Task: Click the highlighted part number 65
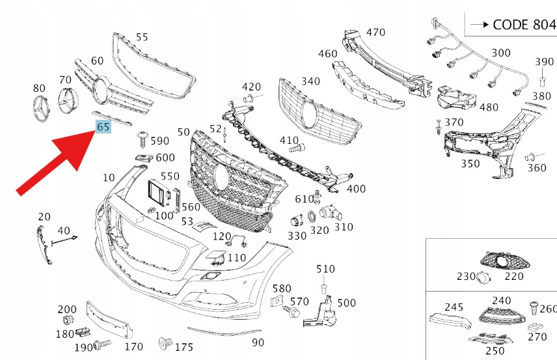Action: (x=103, y=128)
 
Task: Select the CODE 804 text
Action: (x=524, y=25)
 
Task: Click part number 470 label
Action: (x=375, y=32)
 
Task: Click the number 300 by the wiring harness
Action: (x=501, y=53)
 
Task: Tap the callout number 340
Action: (x=310, y=81)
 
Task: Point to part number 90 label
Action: (x=258, y=342)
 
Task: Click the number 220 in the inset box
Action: (x=514, y=277)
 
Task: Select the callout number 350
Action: (x=470, y=164)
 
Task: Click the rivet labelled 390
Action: (x=541, y=81)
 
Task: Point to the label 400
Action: (x=356, y=189)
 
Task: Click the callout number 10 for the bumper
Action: (x=108, y=178)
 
